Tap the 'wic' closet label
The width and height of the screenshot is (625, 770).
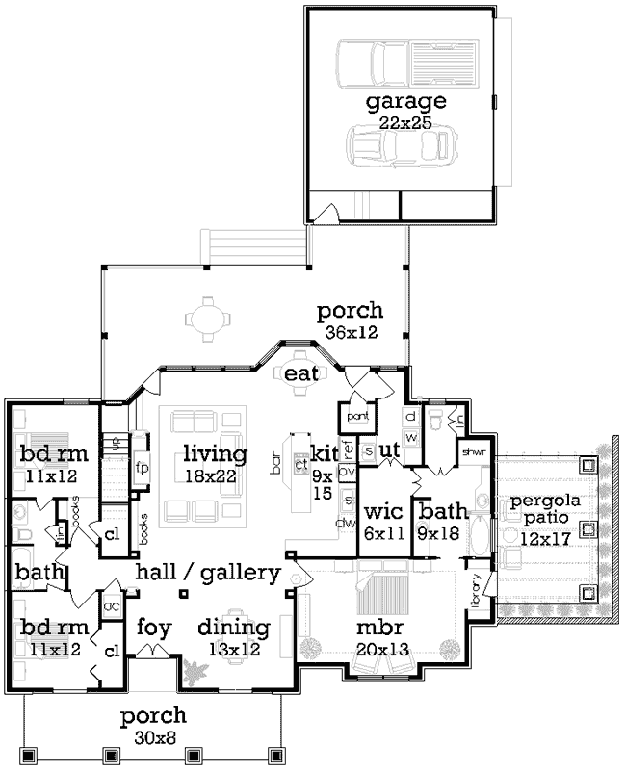pyautogui.click(x=382, y=512)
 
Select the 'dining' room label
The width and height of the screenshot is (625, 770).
pyautogui.click(x=232, y=629)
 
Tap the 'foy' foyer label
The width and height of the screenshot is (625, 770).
pyautogui.click(x=154, y=629)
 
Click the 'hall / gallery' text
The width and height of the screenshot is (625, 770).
pyautogui.click(x=207, y=573)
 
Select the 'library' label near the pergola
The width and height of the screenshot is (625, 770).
pyautogui.click(x=476, y=589)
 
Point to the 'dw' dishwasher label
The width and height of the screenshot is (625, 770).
pyautogui.click(x=341, y=523)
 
